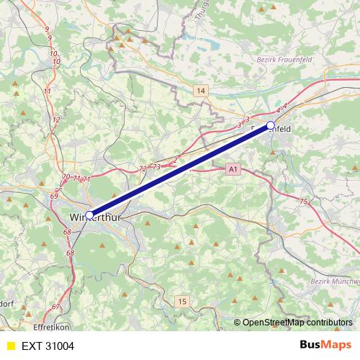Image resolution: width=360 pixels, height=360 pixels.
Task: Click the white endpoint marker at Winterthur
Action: (90, 215)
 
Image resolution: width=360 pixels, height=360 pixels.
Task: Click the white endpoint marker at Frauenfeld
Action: (271, 125)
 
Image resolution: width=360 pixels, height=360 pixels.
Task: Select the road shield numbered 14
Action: (200, 90)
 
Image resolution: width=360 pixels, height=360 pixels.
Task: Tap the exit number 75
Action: (303, 202)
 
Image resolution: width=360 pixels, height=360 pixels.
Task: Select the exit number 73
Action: (156, 167)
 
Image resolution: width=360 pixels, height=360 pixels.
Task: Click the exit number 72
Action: (143, 168)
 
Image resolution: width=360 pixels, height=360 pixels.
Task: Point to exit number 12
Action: (56, 120)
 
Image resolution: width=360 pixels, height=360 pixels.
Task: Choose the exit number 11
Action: (48, 91)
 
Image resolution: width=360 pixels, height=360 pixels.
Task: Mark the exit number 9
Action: (47, 29)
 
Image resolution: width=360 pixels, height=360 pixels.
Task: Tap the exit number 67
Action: (56, 307)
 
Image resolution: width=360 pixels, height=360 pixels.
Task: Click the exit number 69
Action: (55, 195)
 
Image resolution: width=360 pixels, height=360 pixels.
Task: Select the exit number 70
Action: (66, 177)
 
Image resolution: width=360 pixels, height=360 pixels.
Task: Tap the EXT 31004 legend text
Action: (48, 346)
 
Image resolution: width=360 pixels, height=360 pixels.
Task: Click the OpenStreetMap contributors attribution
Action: (297, 323)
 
